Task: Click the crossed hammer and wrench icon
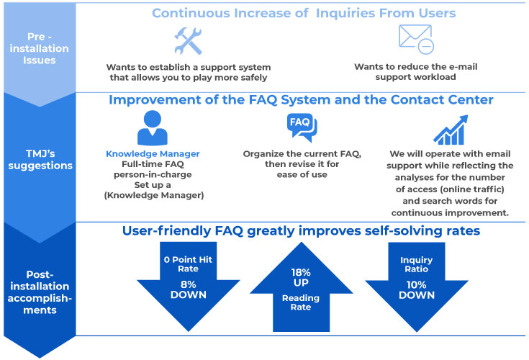coord(188,41)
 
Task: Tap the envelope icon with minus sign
coord(416,39)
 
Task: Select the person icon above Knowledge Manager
coord(153,128)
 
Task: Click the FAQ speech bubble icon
coord(302,127)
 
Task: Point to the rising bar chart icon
coord(451,130)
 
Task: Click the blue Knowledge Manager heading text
coord(153,154)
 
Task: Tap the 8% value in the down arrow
coord(188,284)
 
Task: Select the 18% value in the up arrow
coord(301,272)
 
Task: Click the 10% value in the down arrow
coord(416,285)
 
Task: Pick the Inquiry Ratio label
coord(416,264)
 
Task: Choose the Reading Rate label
coord(301,302)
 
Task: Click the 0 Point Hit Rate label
coord(188,264)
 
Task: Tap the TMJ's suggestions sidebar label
coord(40,160)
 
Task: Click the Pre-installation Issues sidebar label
coord(39,48)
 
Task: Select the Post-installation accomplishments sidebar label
coord(40,292)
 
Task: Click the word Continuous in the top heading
coord(191,13)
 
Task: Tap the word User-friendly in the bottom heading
coord(166,231)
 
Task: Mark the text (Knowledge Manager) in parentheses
coord(154,195)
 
